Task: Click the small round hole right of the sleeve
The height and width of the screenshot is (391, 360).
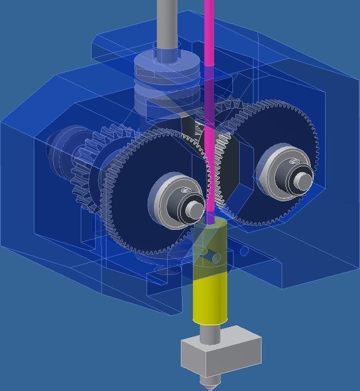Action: pyautogui.click(x=244, y=251)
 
